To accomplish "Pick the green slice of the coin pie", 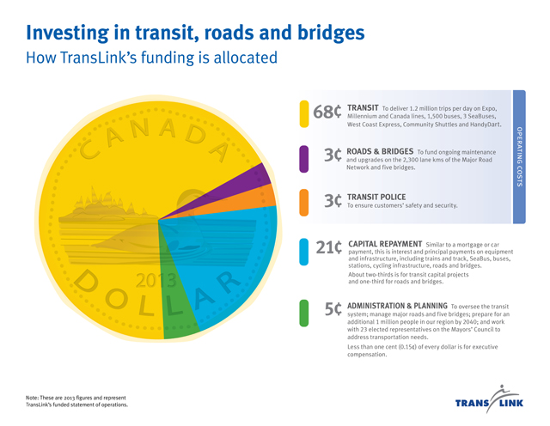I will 179,306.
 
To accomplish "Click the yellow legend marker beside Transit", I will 304,113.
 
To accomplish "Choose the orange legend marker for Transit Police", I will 304,202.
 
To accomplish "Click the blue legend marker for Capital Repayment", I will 304,253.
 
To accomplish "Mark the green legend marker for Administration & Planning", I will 304,313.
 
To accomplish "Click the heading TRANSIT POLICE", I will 376,197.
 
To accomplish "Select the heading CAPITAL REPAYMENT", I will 385,243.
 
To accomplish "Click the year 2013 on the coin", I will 155,279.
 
